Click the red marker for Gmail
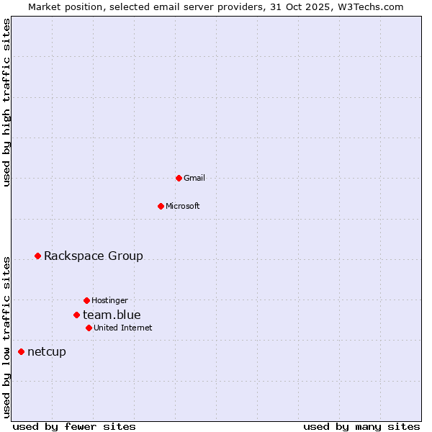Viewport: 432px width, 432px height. (x=179, y=178)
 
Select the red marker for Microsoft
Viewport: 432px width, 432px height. (x=161, y=206)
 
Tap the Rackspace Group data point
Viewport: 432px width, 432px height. (x=37, y=256)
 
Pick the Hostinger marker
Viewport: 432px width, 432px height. (x=86, y=300)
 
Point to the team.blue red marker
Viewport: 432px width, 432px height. (x=76, y=315)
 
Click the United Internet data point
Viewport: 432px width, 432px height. (x=89, y=328)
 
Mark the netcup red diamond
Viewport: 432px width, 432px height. (x=21, y=351)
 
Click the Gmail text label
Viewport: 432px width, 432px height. (x=194, y=178)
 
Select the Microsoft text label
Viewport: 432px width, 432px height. (x=183, y=206)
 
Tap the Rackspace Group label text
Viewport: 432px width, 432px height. (x=94, y=256)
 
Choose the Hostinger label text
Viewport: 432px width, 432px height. (x=109, y=300)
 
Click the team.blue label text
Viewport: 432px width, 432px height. (x=112, y=315)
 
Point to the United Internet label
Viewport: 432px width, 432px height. (x=123, y=328)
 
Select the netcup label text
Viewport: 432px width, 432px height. (x=47, y=351)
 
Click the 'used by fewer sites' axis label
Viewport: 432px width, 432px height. (x=74, y=426)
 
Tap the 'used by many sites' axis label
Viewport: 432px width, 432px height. (x=361, y=426)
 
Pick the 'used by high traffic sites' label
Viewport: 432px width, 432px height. (x=6, y=103)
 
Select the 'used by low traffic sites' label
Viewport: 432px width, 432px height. (x=6, y=337)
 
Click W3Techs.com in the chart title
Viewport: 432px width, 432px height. (x=368, y=6)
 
